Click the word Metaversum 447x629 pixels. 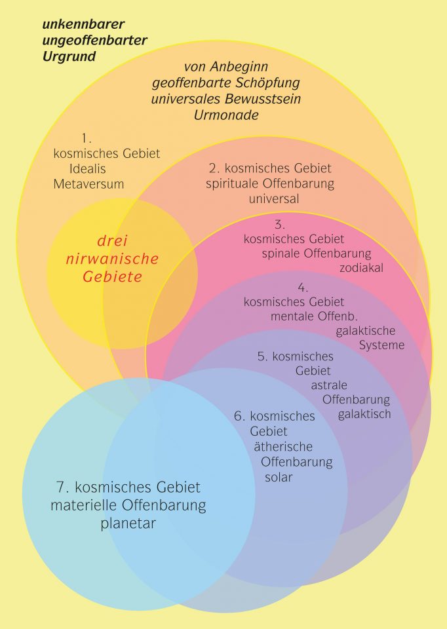(x=88, y=184)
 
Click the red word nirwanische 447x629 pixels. (x=113, y=259)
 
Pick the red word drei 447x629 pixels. (x=113, y=241)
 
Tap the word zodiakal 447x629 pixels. (x=361, y=267)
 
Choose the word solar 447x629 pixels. (x=279, y=477)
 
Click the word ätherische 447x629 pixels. (x=283, y=447)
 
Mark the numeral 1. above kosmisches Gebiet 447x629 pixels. (x=85, y=138)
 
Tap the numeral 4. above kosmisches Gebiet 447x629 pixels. (x=303, y=288)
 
